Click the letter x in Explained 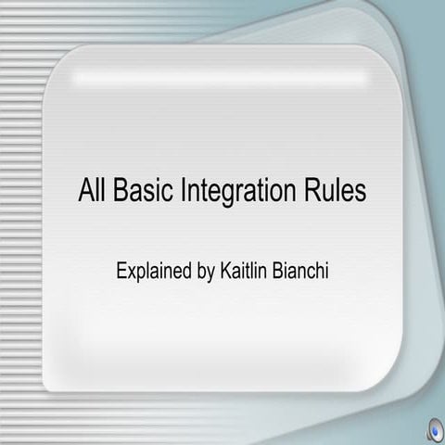[132, 273]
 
